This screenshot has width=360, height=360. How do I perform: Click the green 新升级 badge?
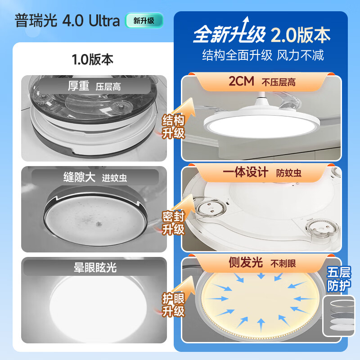[143, 21]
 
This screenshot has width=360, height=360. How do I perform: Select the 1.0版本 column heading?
[93, 59]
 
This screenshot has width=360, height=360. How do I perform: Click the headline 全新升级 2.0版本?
[261, 35]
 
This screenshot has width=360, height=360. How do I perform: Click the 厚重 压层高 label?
[94, 86]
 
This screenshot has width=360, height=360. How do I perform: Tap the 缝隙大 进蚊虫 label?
[94, 177]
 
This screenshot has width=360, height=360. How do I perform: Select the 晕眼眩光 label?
[94, 267]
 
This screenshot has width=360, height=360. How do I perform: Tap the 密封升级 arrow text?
[174, 223]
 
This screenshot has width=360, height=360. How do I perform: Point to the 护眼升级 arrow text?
[174, 305]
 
